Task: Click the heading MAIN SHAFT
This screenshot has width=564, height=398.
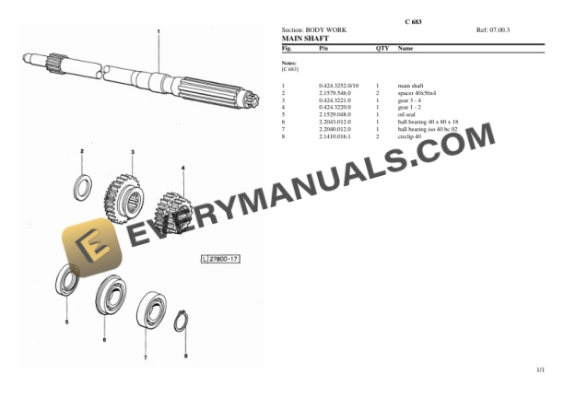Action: coord(303,39)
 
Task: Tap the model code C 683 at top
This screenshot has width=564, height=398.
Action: coord(414,20)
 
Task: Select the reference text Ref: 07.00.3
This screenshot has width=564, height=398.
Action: coord(493,30)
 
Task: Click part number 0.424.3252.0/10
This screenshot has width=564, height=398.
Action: coord(338,86)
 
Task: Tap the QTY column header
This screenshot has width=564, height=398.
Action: coord(382,47)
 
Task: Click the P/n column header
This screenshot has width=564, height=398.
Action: coord(323,47)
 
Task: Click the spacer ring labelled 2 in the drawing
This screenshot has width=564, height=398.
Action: coord(82,187)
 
